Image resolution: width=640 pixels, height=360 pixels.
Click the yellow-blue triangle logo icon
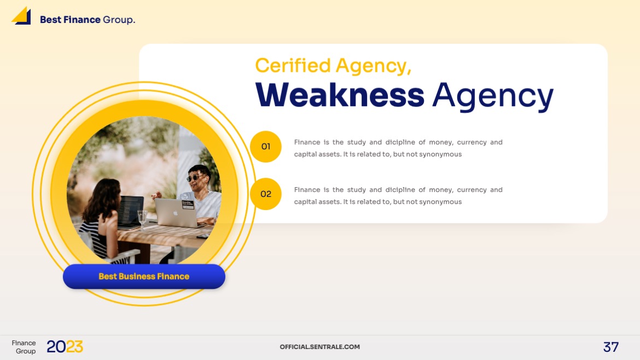[x=21, y=16]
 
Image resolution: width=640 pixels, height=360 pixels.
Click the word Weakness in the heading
[x=340, y=95]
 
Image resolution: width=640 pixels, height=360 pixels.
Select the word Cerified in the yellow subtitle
[x=293, y=66]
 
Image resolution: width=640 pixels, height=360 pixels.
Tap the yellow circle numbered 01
[x=266, y=147]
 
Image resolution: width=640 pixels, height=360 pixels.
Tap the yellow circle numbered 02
[x=266, y=194]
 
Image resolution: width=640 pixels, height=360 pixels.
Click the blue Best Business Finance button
[x=144, y=277]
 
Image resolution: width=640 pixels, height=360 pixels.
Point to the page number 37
[x=610, y=347]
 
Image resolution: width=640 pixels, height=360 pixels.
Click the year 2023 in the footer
[x=65, y=347]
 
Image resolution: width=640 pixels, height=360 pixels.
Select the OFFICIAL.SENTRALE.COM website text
[x=319, y=347]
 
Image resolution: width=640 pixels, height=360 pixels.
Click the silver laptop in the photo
[x=175, y=213]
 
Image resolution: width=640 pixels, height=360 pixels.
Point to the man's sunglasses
[x=195, y=178]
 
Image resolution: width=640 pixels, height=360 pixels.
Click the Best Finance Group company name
[x=87, y=20]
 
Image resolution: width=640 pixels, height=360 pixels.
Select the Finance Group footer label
[x=24, y=347]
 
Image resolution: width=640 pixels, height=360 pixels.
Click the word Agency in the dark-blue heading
[x=492, y=96]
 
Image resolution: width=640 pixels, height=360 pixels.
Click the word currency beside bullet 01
[x=472, y=142]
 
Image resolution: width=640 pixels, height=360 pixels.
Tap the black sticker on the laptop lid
[x=188, y=204]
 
